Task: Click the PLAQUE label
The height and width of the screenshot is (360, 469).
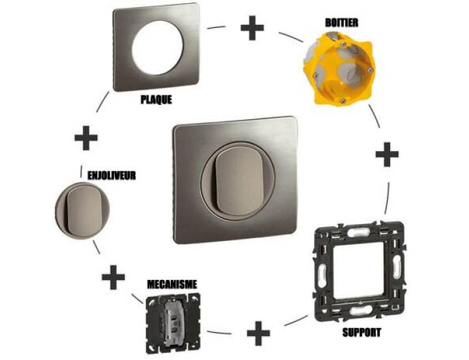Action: tap(156, 100)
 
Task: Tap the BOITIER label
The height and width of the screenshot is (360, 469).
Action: tap(341, 23)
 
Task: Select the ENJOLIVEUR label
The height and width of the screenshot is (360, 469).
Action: tap(111, 175)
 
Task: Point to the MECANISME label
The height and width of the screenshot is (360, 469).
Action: tap(172, 284)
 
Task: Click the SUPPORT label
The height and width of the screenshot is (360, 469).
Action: tap(362, 332)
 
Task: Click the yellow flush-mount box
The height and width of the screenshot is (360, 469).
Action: tap(339, 68)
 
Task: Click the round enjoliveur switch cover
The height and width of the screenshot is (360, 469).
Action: tap(82, 210)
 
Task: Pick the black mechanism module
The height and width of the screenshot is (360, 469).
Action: tap(173, 324)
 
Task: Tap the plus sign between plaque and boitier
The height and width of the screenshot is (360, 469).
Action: tap(252, 28)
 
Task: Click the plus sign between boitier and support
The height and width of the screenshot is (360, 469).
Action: tap(387, 154)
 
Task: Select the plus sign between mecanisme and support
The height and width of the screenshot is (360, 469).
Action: tap(259, 333)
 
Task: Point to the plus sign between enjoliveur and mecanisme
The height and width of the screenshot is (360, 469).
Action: tap(113, 277)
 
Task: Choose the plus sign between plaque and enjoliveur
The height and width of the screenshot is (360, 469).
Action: tap(86, 138)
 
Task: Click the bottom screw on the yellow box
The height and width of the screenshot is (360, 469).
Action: tap(342, 101)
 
